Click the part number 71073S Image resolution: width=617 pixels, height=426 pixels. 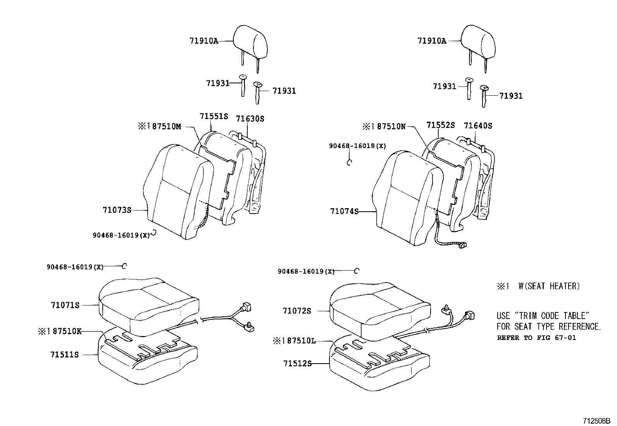point(117,210)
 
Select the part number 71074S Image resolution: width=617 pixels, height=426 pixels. point(344,211)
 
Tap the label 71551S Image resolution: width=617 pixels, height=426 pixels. point(214,116)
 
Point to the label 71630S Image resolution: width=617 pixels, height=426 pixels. point(250,119)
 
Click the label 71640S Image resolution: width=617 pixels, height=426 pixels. point(478,126)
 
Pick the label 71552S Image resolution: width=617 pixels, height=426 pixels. point(440,125)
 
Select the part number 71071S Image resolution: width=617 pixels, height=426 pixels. point(65,305)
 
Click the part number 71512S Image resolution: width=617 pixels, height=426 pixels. point(297,364)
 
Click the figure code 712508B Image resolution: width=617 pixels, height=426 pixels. point(597,421)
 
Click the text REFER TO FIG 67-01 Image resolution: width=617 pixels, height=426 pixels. point(536,338)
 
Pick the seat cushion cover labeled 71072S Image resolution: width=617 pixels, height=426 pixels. point(378,308)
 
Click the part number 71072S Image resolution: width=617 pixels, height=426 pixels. point(297,311)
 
